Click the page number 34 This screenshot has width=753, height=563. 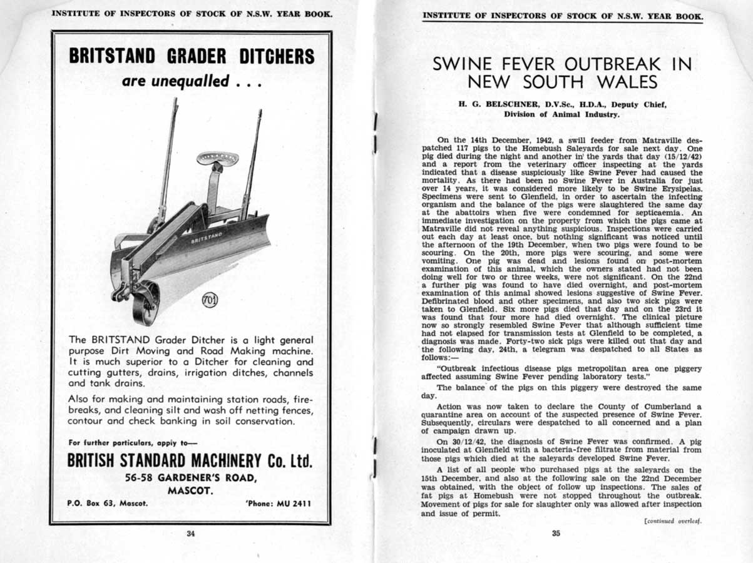tap(190, 534)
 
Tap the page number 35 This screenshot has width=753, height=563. tap(556, 534)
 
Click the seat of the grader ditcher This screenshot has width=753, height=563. tap(217, 158)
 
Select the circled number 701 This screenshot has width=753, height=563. tap(208, 302)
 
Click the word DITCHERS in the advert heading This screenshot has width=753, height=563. tap(277, 56)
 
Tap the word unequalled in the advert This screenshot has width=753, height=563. tap(193, 82)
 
